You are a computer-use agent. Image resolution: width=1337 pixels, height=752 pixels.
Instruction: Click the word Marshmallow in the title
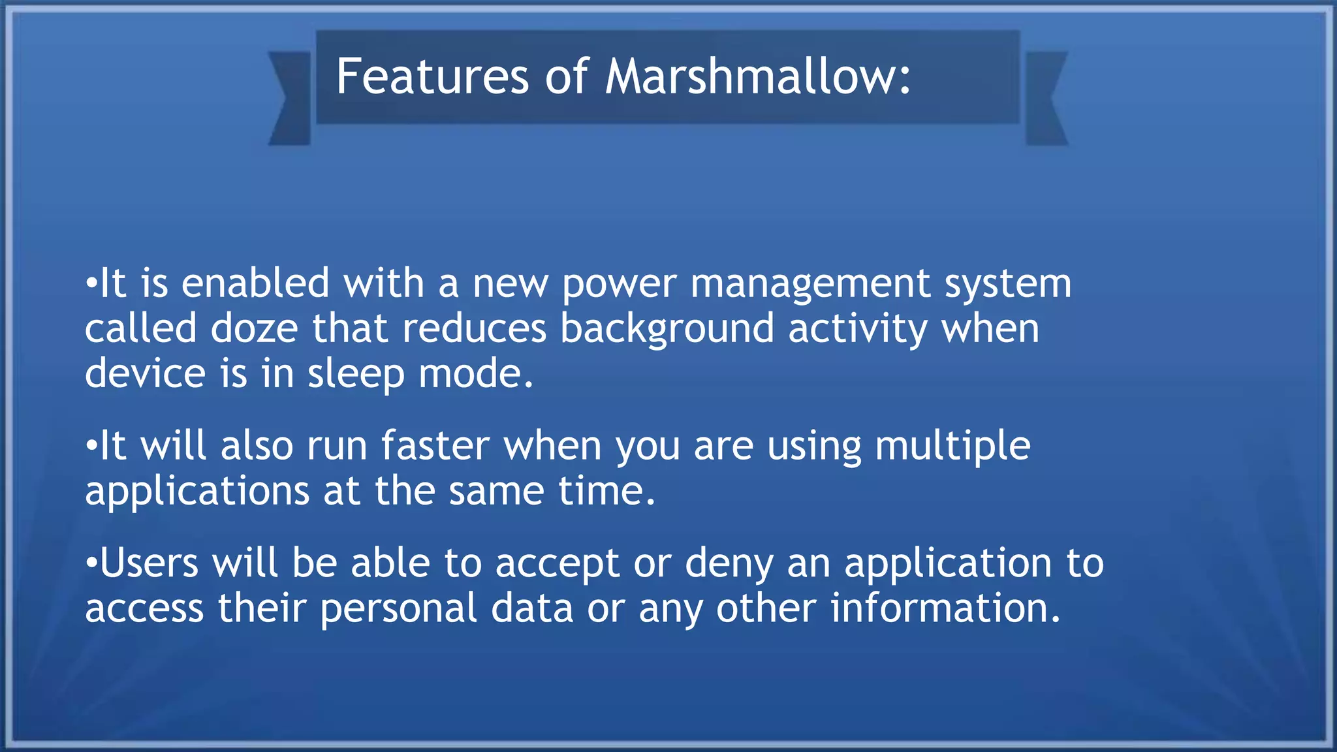tap(757, 77)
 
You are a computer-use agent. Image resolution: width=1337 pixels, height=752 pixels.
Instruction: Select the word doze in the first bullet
tap(255, 328)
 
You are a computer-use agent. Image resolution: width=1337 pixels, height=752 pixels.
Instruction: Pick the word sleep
tap(356, 375)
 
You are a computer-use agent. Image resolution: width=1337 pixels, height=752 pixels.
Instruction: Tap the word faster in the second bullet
tap(435, 446)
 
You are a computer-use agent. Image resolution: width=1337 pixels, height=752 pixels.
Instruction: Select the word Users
tap(149, 563)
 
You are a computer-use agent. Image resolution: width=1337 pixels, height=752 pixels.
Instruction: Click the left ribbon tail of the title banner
tap(291, 98)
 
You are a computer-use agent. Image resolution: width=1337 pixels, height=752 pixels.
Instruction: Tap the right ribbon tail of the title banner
tap(1046, 98)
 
